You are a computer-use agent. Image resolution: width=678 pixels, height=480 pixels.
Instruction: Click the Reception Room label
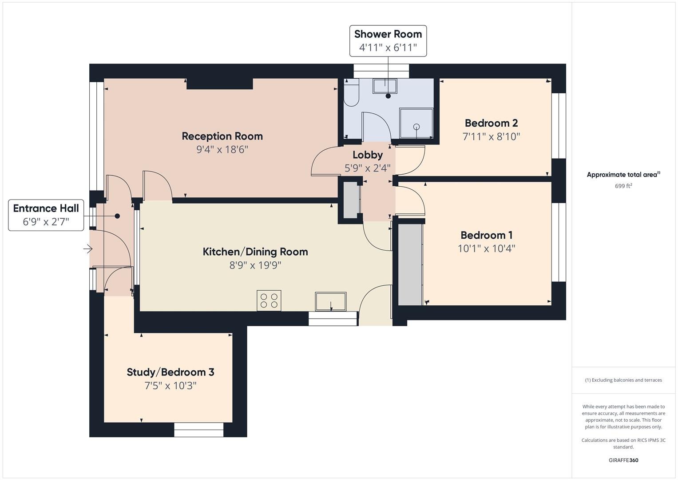(x=222, y=136)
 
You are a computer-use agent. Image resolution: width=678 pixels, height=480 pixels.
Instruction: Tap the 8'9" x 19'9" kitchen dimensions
(x=255, y=265)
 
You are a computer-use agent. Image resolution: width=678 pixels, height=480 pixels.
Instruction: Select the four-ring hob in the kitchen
(x=269, y=300)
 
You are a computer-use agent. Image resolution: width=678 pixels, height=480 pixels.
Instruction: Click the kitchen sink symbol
(x=330, y=301)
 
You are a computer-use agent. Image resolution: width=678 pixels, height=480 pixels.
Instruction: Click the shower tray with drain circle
(x=416, y=123)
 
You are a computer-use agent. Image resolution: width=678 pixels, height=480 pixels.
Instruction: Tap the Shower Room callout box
(x=388, y=41)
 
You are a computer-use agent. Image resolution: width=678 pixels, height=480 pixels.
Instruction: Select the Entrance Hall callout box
(x=46, y=215)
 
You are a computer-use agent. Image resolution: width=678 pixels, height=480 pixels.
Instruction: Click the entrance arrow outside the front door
(x=87, y=249)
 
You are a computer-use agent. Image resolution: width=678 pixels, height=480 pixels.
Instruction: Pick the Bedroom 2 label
(x=491, y=123)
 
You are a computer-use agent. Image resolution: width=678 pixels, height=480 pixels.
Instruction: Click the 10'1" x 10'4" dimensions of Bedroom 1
(x=486, y=248)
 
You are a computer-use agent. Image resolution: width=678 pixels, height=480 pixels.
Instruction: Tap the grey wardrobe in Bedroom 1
(x=409, y=264)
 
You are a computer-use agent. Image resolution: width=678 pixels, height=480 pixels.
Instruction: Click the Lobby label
(x=367, y=155)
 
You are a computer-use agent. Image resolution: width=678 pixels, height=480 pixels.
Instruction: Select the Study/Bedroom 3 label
(x=170, y=372)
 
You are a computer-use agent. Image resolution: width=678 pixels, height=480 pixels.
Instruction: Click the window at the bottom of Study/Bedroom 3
(x=198, y=429)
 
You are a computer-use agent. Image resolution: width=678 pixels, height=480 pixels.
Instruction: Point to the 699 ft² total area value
(x=623, y=186)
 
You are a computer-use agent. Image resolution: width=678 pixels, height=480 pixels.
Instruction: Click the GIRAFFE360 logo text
(x=623, y=460)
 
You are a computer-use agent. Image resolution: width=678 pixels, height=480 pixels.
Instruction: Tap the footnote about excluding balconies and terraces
(x=623, y=380)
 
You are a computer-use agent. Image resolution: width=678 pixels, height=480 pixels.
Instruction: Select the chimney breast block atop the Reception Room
(x=219, y=84)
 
